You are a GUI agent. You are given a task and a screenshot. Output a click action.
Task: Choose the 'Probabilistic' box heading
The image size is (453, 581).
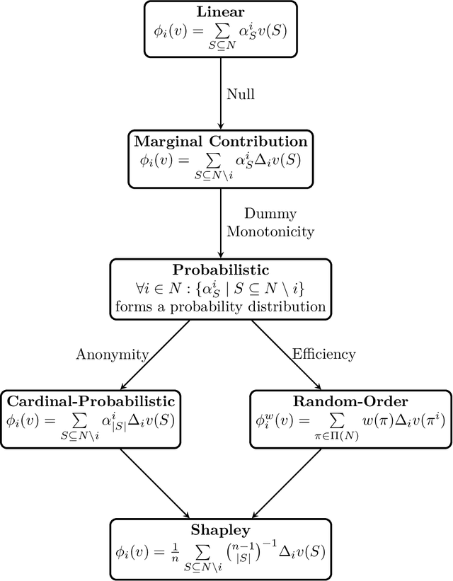(x=219, y=270)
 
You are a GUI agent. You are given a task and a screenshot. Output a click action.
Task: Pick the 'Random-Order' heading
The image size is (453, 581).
(x=350, y=401)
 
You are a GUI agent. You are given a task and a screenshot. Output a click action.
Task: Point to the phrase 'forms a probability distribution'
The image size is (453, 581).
(x=219, y=307)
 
